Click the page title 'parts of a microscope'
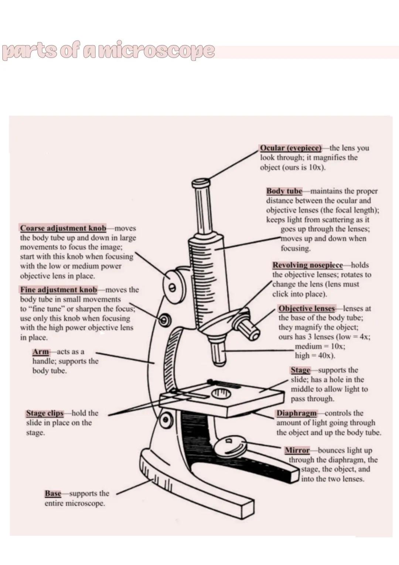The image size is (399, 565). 108,52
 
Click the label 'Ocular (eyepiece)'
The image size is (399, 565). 291,148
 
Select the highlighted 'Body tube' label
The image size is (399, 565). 284,191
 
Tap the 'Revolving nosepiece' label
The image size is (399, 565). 308,265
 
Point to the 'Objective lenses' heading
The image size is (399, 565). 307,309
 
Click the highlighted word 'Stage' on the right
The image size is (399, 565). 300,370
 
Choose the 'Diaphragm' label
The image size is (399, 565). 297,413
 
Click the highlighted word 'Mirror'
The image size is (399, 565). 297,451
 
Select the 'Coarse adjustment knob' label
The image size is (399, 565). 63,228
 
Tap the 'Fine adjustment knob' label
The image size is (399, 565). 58,290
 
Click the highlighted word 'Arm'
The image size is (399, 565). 40,352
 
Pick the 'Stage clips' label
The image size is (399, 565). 45,413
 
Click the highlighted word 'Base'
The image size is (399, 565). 53,494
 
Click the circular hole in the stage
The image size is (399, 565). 221,393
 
